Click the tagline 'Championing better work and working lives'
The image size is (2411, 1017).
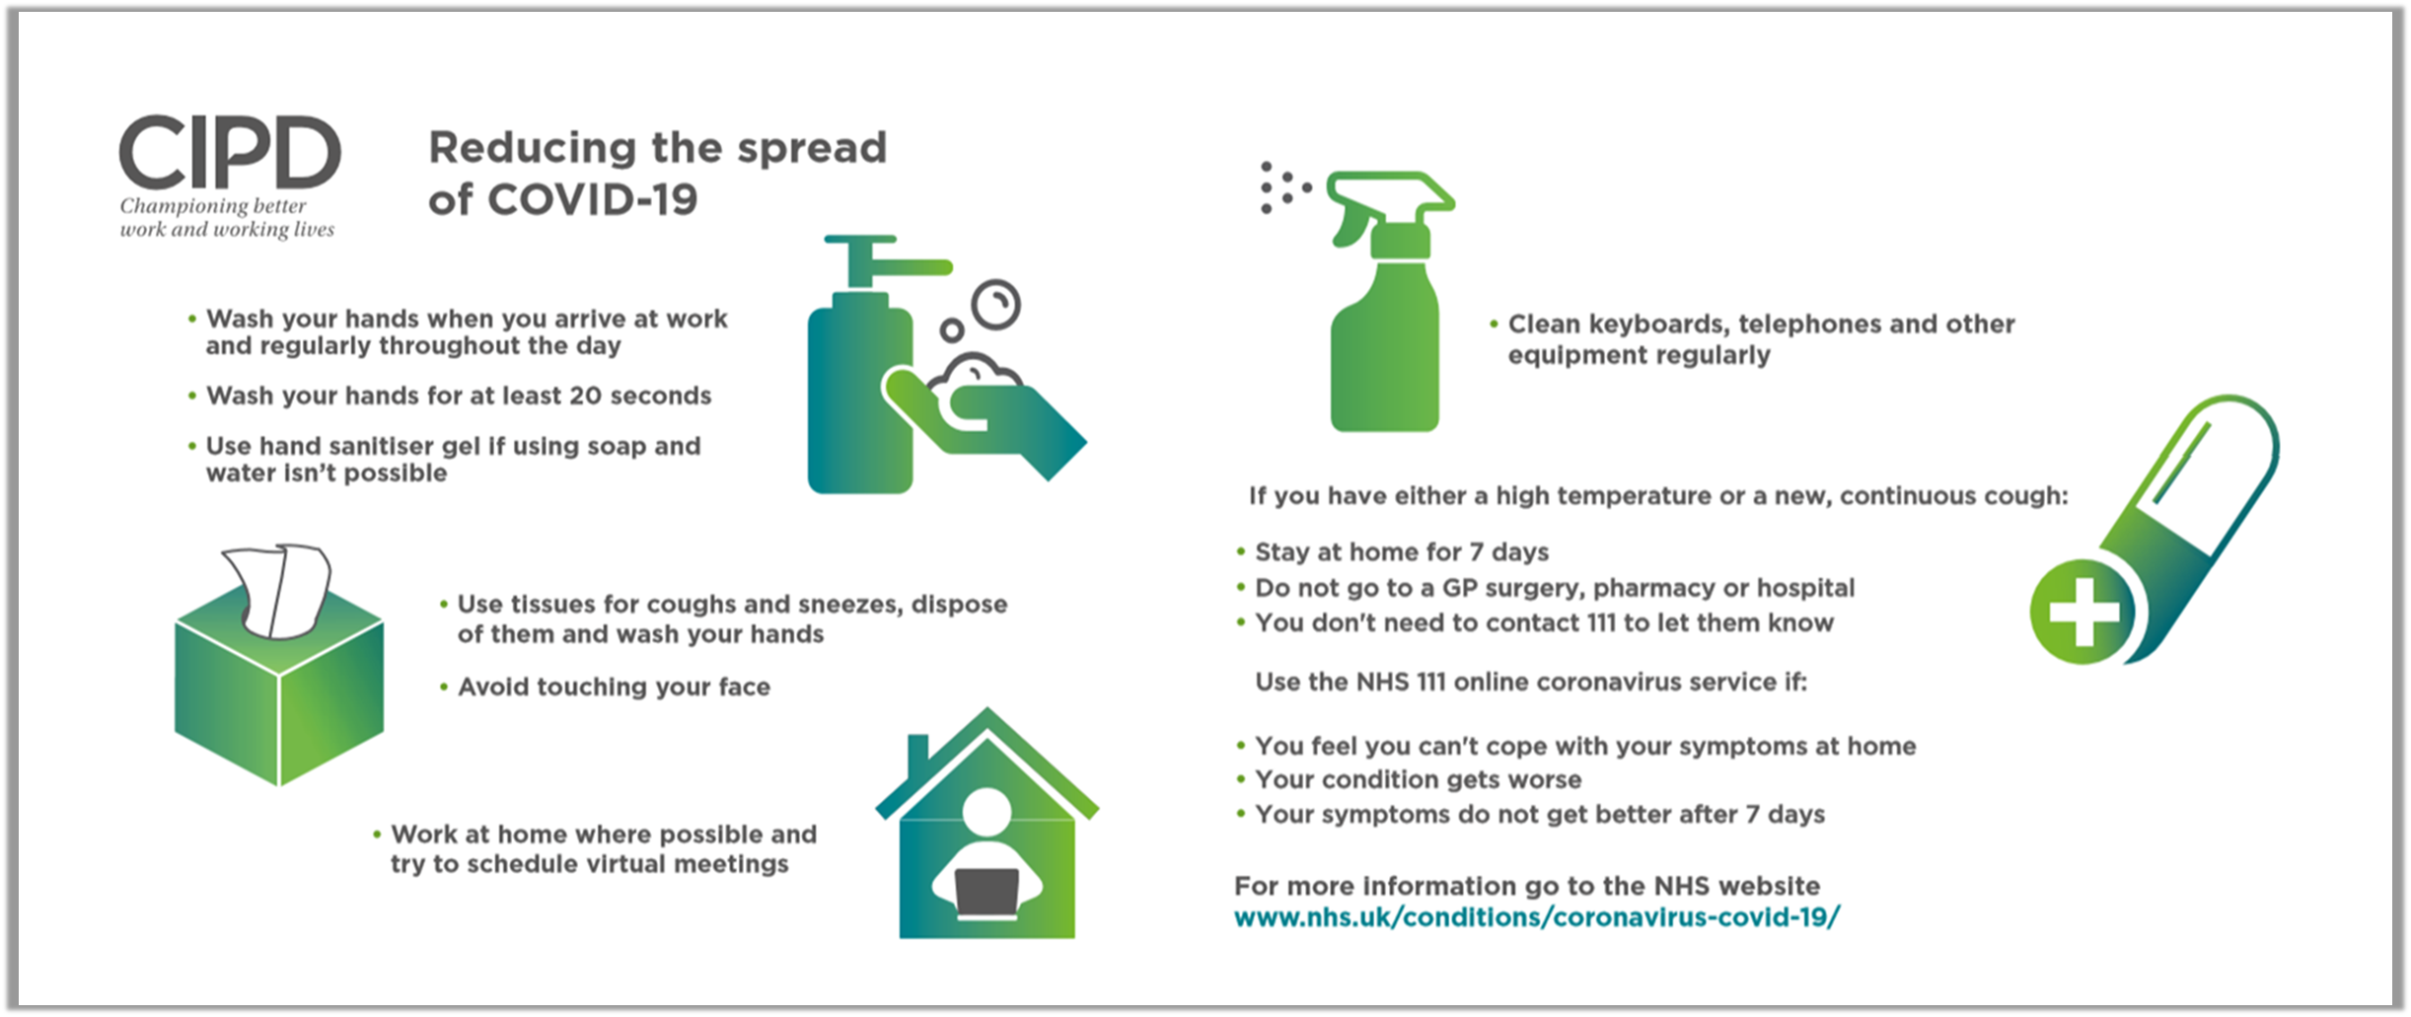click(x=227, y=217)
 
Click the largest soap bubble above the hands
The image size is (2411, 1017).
click(x=995, y=305)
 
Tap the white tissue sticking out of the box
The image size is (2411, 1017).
click(x=277, y=589)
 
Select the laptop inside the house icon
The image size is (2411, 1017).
click(x=987, y=892)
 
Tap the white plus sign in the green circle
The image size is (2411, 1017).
click(x=2083, y=612)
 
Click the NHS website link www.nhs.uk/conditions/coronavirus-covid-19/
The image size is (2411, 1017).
click(x=1537, y=917)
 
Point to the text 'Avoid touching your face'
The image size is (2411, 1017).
click(x=614, y=687)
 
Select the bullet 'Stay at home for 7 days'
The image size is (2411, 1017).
click(x=1401, y=551)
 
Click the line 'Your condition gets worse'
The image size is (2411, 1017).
click(x=1418, y=779)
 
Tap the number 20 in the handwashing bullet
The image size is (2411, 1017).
click(x=585, y=396)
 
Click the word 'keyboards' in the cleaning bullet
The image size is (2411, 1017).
click(x=1656, y=325)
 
